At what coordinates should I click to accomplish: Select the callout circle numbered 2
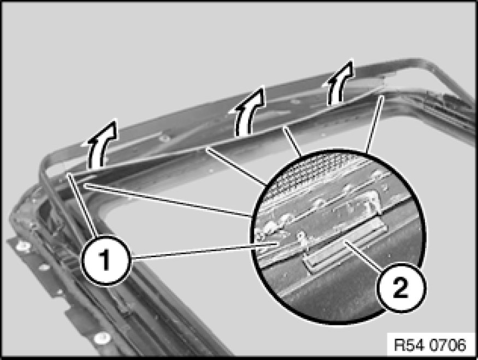pos(400,288)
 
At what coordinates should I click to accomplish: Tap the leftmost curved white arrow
pos(101,143)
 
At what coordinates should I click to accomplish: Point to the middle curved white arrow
pos(249,111)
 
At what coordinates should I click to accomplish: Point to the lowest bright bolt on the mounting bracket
pos(102,338)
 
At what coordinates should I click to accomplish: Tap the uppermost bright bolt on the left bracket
pos(23,246)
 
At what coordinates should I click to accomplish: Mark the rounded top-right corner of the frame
pos(427,62)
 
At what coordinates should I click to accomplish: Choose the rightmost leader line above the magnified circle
pos(374,124)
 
